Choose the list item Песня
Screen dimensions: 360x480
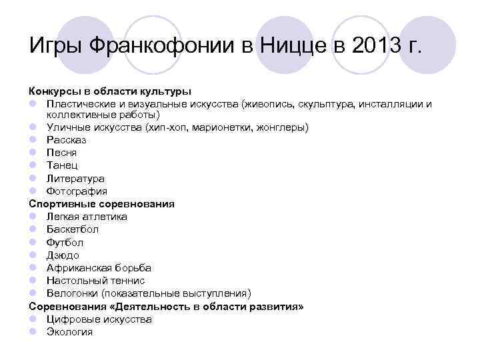[x=61, y=153]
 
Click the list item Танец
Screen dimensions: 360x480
[x=62, y=165]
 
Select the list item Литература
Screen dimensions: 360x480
[x=75, y=179]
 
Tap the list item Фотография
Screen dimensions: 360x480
[x=76, y=191]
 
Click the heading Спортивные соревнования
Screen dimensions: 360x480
[x=101, y=204]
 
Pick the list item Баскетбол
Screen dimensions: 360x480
[x=72, y=229]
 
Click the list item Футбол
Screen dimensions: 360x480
[x=65, y=243]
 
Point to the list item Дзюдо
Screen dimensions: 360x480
[x=63, y=255]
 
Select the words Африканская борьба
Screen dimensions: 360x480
[x=99, y=268]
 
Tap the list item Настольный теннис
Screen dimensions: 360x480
[x=95, y=281]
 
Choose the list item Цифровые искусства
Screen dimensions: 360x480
[x=99, y=319]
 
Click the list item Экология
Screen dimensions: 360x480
[x=69, y=332]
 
